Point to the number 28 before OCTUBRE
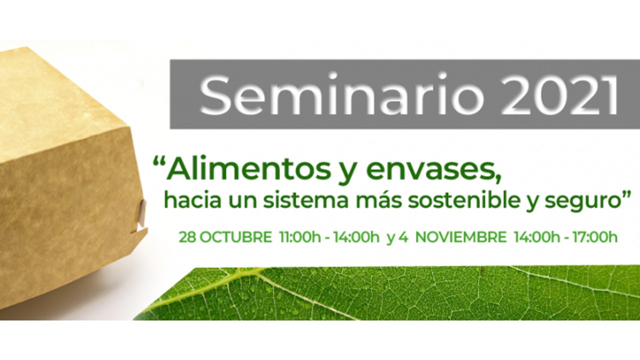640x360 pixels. click(187, 237)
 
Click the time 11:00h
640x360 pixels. click(300, 237)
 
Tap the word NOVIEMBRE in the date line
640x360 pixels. click(460, 237)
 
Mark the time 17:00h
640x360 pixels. click(595, 237)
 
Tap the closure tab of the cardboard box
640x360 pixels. click(141, 213)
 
